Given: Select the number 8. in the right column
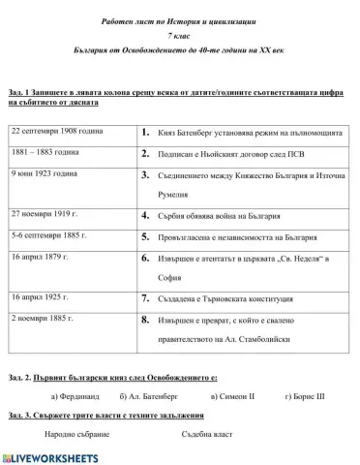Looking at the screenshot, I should click(144, 318).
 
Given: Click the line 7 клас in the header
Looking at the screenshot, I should click(180, 32).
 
